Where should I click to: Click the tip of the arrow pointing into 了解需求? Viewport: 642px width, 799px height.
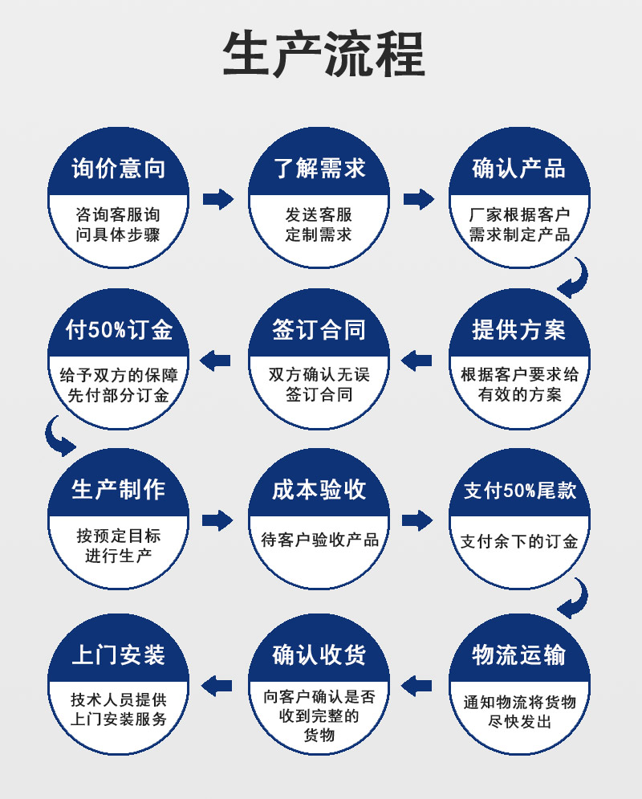click(234, 199)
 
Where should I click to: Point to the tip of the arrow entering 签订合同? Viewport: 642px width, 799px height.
click(400, 361)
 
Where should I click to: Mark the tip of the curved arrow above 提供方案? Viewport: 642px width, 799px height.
click(557, 290)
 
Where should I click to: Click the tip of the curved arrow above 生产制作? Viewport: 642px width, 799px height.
click(76, 447)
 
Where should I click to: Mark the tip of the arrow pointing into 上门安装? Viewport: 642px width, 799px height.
click(201, 686)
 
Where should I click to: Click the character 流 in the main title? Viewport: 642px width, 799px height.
click(349, 54)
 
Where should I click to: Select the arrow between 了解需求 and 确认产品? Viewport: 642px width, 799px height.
click(418, 199)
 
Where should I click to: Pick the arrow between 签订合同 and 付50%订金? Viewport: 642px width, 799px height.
click(215, 361)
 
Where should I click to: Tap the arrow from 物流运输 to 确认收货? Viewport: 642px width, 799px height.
click(416, 686)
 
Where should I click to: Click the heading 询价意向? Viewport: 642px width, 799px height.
click(119, 169)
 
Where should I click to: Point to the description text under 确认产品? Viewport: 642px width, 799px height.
click(519, 225)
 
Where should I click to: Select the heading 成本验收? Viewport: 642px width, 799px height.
click(319, 490)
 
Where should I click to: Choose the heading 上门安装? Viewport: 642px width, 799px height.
click(119, 654)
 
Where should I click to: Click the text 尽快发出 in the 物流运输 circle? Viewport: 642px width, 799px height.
click(519, 722)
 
